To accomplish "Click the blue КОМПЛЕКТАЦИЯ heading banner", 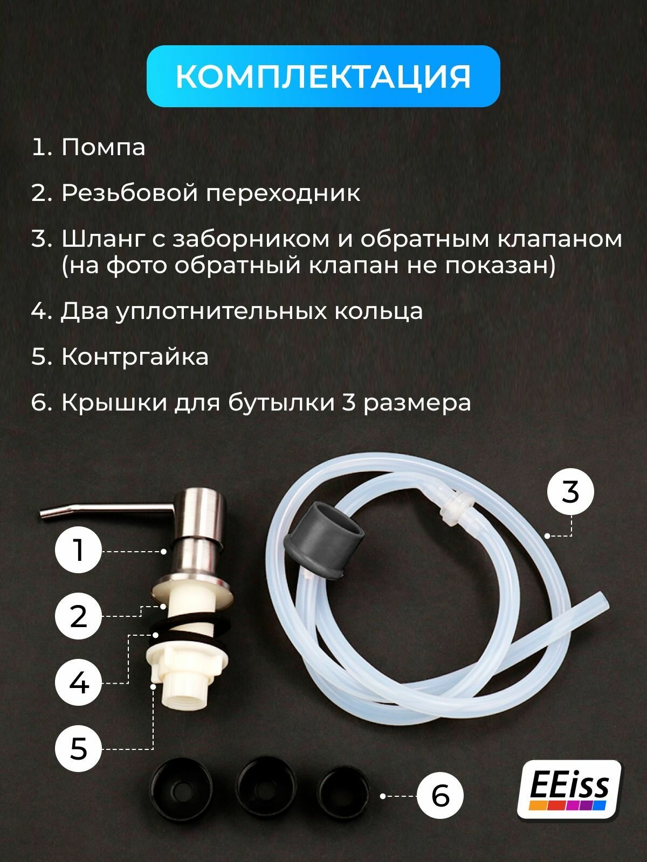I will [323, 76].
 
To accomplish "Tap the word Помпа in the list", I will [103, 147].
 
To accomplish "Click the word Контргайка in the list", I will [135, 357].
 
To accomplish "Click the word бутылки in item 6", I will [281, 402].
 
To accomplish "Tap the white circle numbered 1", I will [79, 550].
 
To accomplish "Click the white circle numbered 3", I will [570, 492].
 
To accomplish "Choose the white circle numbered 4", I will [79, 683].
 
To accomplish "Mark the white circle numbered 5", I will [79, 748].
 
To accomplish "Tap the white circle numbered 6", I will [440, 796].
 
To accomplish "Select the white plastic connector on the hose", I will [456, 508].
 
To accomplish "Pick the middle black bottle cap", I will [266, 789].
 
